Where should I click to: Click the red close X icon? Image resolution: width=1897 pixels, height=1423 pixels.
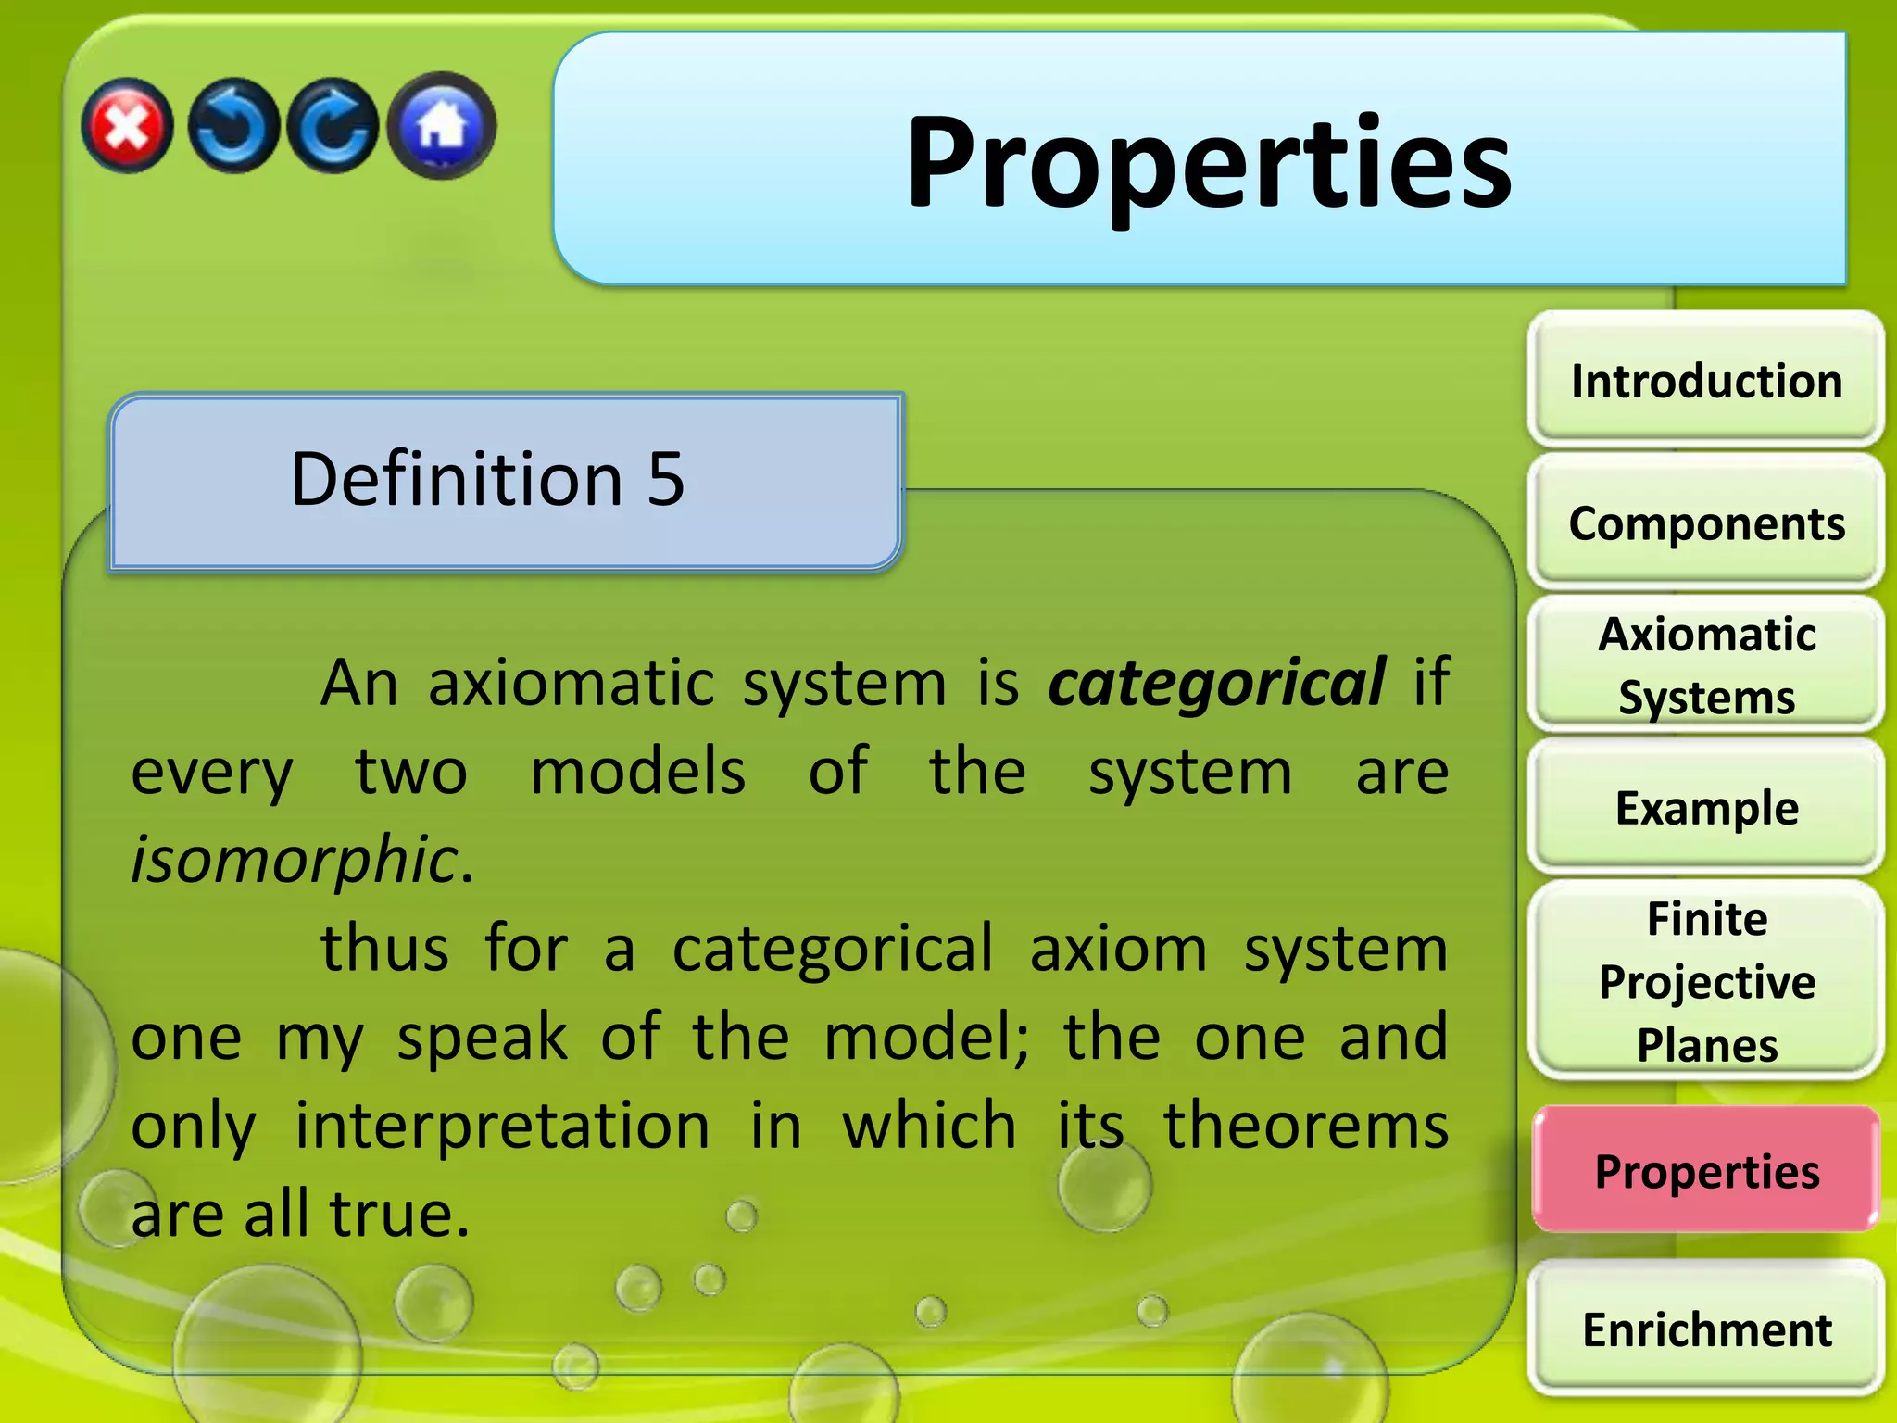[127, 126]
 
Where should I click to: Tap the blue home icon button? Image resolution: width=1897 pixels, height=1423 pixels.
[442, 126]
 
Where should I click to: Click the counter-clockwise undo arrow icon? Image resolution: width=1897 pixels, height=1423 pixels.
[233, 126]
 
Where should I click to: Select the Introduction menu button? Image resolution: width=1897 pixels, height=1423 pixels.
[1706, 381]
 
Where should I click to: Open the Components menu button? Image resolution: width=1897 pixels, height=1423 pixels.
[1706, 523]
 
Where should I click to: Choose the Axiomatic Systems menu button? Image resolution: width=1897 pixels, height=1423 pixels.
[1706, 666]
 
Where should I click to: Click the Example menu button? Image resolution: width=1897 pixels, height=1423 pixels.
[1706, 808]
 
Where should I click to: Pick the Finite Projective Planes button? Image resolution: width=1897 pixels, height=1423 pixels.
[1706, 981]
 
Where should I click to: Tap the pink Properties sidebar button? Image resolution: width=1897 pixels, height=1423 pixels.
[1706, 1171]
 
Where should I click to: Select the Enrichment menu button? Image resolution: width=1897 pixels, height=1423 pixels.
[1706, 1329]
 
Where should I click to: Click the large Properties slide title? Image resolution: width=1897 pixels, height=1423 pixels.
[1208, 163]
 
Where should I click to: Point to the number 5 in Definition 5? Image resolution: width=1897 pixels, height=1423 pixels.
[665, 479]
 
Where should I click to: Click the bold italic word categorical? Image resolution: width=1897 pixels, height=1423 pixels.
[1216, 684]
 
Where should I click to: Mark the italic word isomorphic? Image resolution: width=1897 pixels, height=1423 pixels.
[295, 860]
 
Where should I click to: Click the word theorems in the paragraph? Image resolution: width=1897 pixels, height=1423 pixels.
[1305, 1126]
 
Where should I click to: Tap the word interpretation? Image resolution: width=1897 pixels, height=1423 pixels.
[502, 1126]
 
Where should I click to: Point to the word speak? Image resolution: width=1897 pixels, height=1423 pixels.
[482, 1038]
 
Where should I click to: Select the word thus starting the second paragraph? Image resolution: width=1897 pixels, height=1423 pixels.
[384, 949]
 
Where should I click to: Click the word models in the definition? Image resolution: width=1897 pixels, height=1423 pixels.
[637, 772]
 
